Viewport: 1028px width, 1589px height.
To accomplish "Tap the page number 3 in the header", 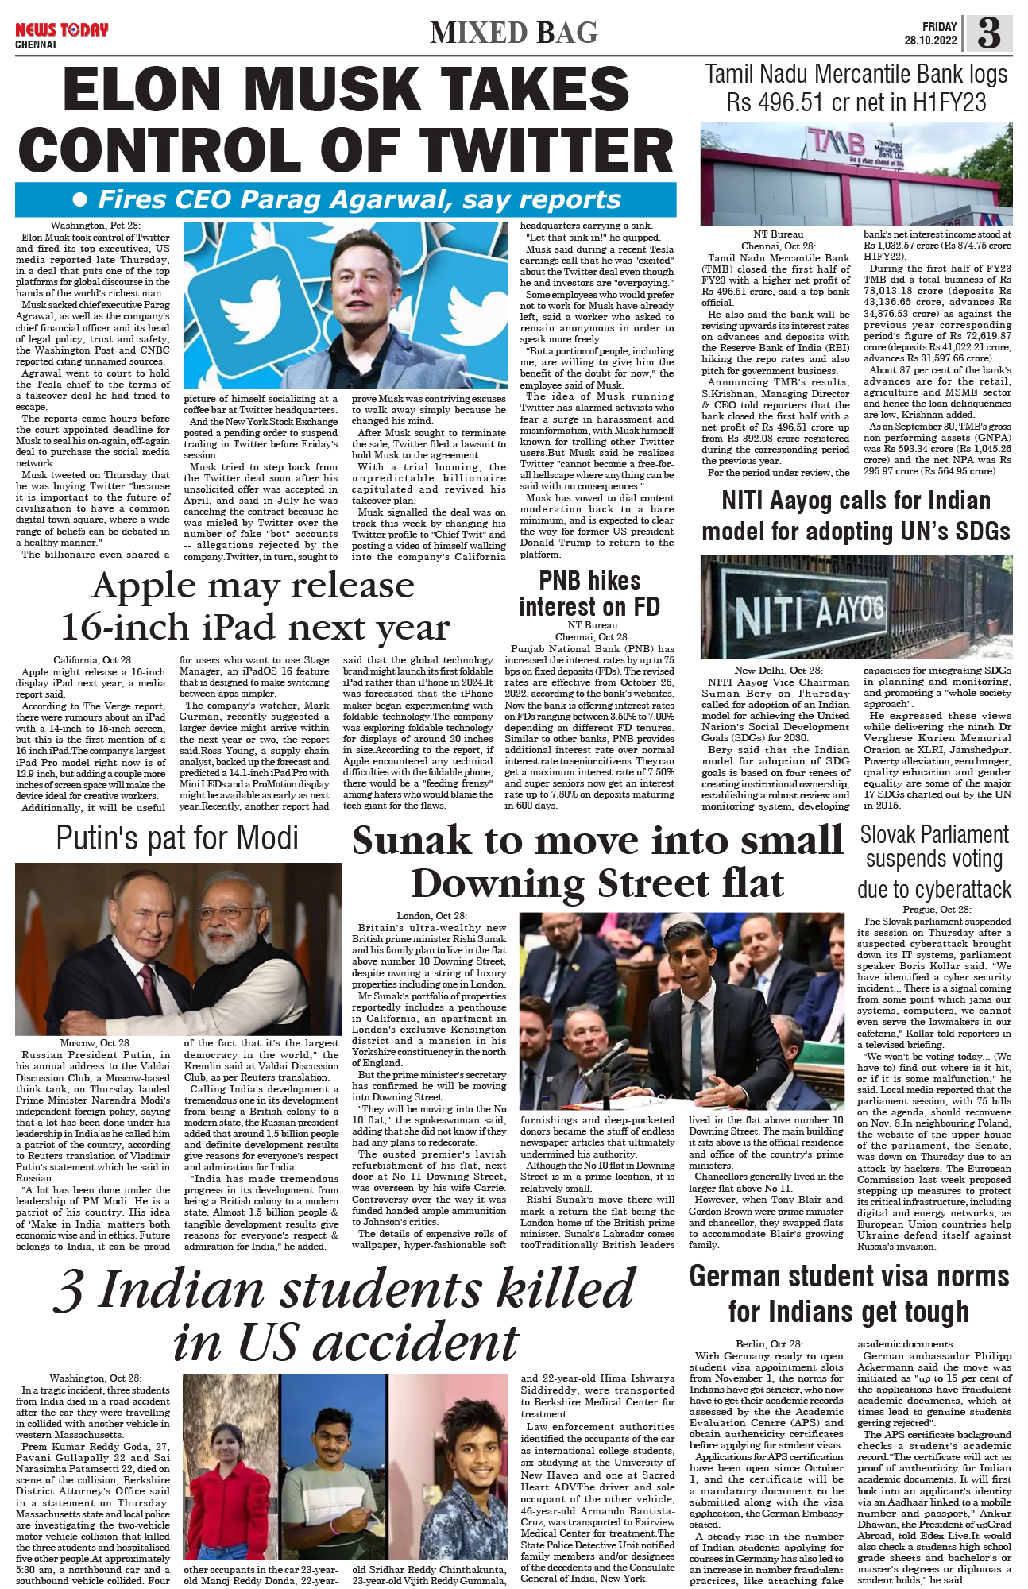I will click(988, 33).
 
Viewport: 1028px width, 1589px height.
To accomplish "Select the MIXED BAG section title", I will click(513, 33).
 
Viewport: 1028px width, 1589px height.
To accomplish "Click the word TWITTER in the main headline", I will click(547, 150).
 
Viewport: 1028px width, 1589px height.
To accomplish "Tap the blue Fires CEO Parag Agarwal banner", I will click(346, 199).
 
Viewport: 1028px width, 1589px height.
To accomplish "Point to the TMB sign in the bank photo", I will click(835, 144).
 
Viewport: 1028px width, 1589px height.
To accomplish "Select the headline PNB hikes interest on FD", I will click(589, 593).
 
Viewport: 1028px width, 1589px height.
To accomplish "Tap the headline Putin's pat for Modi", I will click(177, 838).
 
